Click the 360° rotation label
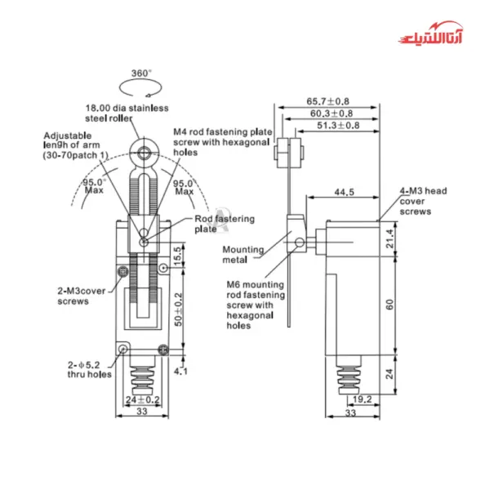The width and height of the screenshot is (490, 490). pos(141,73)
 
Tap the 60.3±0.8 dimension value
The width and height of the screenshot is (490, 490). pos(331,113)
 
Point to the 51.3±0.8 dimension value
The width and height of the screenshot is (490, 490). pos(338,125)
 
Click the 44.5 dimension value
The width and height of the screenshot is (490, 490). pos(344,193)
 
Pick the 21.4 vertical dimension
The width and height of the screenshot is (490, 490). pos(391,238)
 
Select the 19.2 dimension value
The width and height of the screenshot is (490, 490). pos(363,400)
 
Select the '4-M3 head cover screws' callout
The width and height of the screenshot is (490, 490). pos(422,200)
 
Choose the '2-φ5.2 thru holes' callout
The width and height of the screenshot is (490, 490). pos(84,371)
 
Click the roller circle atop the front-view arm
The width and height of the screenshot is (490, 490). pos(144,150)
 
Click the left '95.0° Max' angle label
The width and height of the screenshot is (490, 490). pos(95,185)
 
